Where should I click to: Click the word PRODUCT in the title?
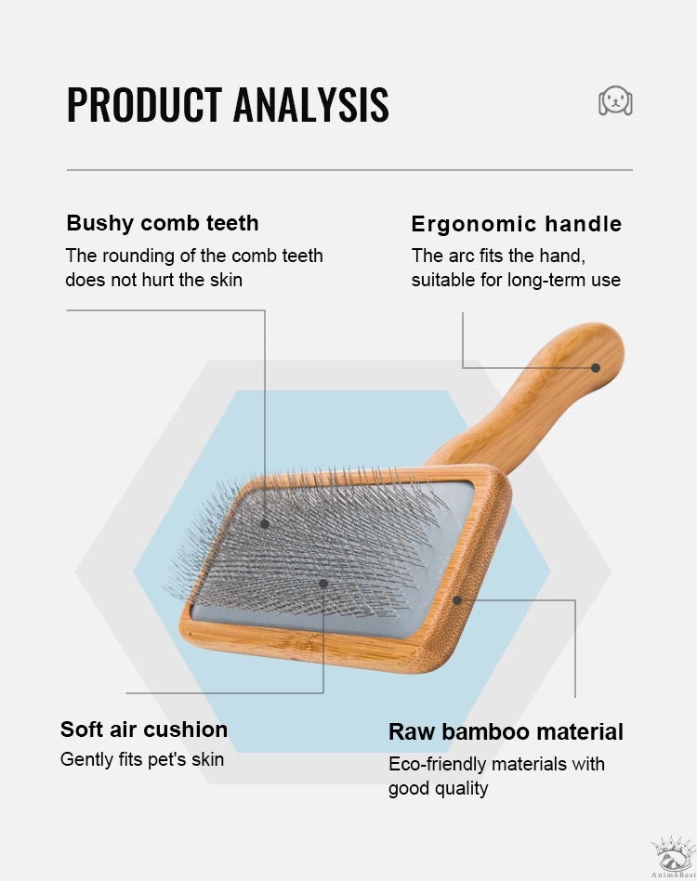click(144, 104)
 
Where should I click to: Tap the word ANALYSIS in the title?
click(311, 104)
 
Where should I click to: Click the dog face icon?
click(615, 101)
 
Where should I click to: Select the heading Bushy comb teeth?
click(163, 223)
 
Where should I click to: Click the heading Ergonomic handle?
click(516, 224)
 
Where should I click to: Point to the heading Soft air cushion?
click(144, 730)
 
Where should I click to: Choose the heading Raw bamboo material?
click(506, 732)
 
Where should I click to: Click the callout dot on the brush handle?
click(596, 367)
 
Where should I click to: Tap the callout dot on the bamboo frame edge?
click(457, 600)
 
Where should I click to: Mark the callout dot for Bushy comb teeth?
click(265, 523)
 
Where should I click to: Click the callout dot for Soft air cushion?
click(323, 584)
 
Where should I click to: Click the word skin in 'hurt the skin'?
click(226, 280)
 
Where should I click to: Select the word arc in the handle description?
click(462, 256)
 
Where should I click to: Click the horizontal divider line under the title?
click(349, 169)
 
